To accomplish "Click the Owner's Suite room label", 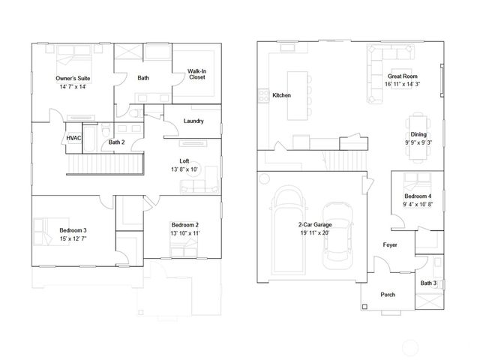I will tap(73, 78).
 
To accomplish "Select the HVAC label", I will tap(73, 138).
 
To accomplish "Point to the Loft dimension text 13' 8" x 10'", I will tap(184, 169).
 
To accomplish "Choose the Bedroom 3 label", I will tap(73, 229).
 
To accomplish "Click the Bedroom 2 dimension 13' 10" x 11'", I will tap(184, 234).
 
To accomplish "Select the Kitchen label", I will tap(281, 95).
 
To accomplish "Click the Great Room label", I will tap(402, 76).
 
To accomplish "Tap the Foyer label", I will tap(391, 244).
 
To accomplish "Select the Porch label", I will tap(388, 295).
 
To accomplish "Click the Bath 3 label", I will tap(427, 283).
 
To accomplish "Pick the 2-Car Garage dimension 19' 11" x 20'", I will tap(313, 233).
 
